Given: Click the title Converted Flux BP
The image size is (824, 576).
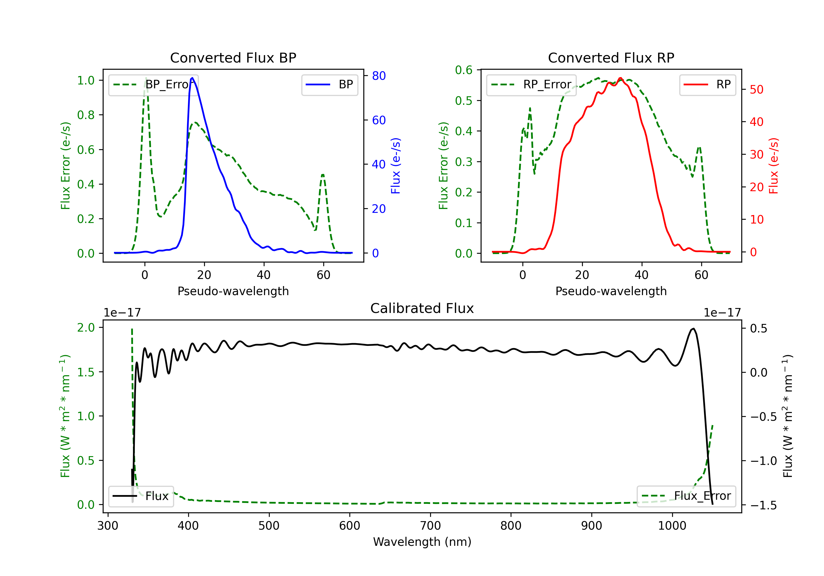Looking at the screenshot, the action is pyautogui.click(x=233, y=58).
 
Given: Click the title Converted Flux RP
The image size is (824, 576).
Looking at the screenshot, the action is pyautogui.click(x=611, y=58).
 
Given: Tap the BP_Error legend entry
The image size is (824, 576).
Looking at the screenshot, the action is pyautogui.click(x=153, y=84).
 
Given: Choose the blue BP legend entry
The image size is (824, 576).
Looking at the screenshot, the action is pyautogui.click(x=329, y=84).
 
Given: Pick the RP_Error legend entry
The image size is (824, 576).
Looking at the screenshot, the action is pyautogui.click(x=531, y=84).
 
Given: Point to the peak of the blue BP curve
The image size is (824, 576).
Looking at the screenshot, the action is pyautogui.click(x=192, y=78).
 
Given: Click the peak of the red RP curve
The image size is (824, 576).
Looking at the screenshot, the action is pyautogui.click(x=620, y=78).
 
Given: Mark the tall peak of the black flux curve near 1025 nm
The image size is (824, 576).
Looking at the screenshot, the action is pyautogui.click(x=693, y=329).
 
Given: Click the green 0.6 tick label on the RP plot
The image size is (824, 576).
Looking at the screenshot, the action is pyautogui.click(x=464, y=70).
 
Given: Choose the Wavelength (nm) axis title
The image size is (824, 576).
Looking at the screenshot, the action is pyautogui.click(x=422, y=542).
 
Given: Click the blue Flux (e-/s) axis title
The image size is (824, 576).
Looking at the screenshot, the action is pyautogui.click(x=396, y=166).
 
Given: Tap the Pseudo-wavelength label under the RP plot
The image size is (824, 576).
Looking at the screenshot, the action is pyautogui.click(x=611, y=291).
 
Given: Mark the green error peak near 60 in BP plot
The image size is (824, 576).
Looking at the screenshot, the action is pyautogui.click(x=323, y=175).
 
